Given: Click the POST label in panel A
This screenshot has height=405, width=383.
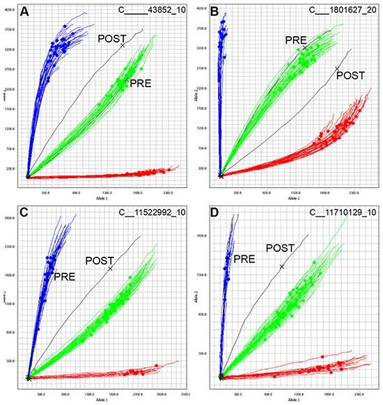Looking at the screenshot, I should tap(111, 38).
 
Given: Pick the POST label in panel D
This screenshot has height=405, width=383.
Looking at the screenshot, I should tap(281, 248).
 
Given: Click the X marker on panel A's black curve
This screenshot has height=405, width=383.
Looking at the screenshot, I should tap(123, 45).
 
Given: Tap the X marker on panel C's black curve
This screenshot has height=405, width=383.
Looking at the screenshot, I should tap(110, 269).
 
